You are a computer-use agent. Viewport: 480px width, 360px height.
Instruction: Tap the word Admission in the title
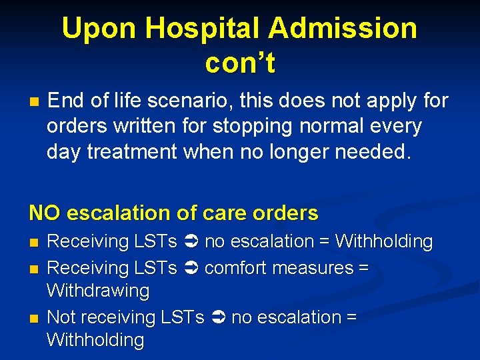(343, 29)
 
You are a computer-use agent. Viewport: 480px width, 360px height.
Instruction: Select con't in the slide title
(240, 63)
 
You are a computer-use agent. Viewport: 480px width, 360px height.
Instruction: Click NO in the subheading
(45, 213)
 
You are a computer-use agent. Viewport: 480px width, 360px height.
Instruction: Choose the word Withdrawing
(98, 291)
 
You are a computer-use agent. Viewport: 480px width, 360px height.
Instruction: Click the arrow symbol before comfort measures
(189, 268)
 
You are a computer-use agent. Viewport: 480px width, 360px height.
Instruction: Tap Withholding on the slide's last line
(95, 340)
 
